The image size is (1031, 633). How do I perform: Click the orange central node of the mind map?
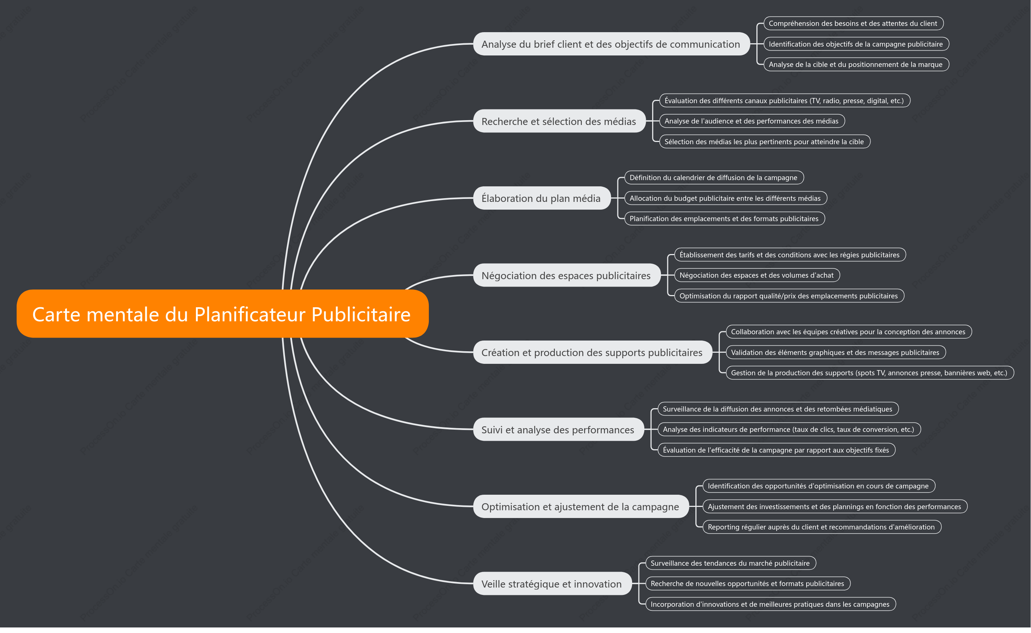[222, 314]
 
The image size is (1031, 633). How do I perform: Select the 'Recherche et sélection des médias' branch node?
[559, 121]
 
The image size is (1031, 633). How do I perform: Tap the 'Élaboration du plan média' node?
[542, 198]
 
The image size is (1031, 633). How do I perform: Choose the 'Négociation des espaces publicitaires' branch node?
[567, 275]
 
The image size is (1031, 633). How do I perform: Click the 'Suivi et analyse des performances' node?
[559, 430]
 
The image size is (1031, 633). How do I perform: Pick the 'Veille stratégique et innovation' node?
[552, 583]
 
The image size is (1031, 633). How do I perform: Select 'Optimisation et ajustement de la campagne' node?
[581, 507]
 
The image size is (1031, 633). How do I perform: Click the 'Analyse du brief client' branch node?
[611, 44]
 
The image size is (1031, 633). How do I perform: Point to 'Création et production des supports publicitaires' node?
[592, 352]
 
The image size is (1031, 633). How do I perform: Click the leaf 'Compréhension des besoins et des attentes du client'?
[854, 23]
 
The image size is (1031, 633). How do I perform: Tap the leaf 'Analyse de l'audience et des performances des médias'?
[752, 121]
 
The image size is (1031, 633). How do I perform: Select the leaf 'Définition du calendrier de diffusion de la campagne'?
[714, 177]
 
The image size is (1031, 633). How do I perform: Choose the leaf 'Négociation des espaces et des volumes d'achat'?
[757, 275]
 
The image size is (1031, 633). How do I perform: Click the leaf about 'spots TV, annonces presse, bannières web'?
[870, 373]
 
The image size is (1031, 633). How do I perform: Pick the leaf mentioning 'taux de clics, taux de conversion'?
[789, 429]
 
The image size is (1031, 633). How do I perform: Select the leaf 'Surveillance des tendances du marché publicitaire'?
[730, 563]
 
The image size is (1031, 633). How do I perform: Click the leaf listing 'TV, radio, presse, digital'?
[785, 101]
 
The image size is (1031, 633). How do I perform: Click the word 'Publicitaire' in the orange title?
[361, 314]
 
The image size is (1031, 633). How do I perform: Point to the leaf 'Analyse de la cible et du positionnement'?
[856, 64]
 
